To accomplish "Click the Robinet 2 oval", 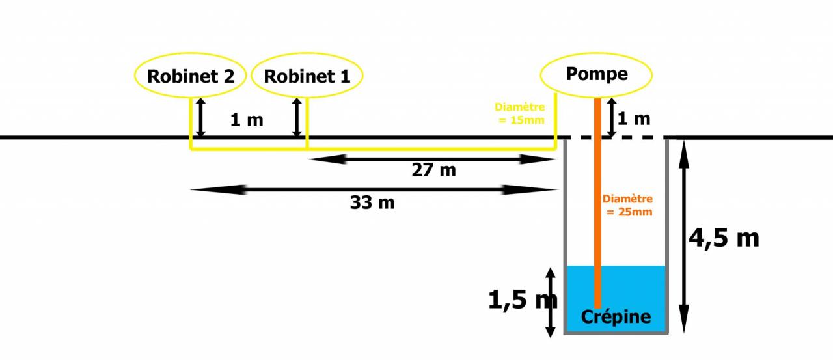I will (x=191, y=76).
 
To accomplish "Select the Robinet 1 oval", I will (x=307, y=76).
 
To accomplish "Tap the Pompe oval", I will (x=597, y=74).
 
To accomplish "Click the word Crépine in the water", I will (x=616, y=317).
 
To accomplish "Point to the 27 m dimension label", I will (x=433, y=171).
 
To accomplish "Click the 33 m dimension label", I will (x=372, y=202).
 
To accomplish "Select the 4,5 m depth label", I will (x=724, y=238).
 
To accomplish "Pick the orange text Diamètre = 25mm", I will (x=627, y=205).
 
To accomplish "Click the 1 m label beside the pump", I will (x=633, y=119).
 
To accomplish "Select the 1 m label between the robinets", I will (x=247, y=120).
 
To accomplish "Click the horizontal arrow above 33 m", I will (x=374, y=190).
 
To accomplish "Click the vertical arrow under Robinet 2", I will (x=201, y=117).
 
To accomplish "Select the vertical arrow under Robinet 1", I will (x=297, y=117).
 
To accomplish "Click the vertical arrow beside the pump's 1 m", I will (x=611, y=117).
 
